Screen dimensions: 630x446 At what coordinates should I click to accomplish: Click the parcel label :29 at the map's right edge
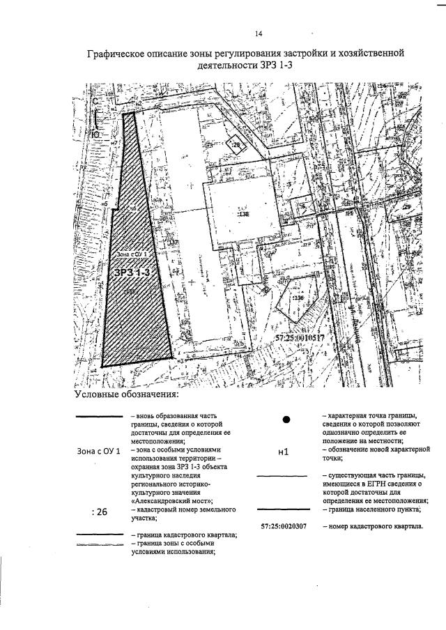point(407,207)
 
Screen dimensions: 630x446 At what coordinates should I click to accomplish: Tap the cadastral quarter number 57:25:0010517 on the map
point(295,337)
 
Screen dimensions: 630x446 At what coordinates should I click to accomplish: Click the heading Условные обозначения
point(127,395)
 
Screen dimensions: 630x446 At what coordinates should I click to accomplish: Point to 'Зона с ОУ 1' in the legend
point(98,452)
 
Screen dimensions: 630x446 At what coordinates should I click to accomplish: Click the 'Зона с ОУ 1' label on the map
point(134,256)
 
